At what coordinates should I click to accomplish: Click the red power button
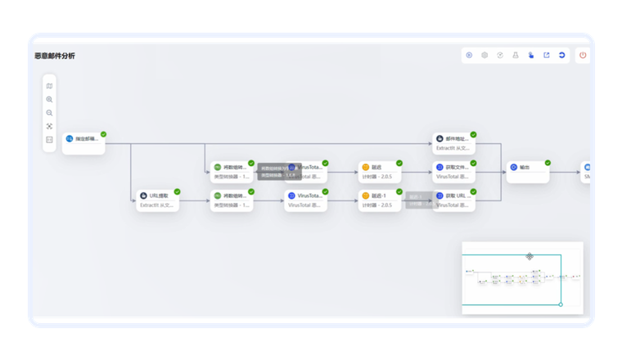click(x=583, y=56)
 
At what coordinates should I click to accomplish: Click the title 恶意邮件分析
click(x=55, y=56)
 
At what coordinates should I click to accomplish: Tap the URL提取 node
click(x=157, y=200)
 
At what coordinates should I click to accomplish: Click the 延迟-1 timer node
click(x=379, y=200)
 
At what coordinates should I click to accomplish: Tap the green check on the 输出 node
click(x=548, y=163)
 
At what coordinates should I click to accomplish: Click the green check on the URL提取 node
click(x=178, y=191)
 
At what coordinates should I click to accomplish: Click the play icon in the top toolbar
click(x=469, y=56)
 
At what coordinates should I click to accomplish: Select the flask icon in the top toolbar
click(x=516, y=56)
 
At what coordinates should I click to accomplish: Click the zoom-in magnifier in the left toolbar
click(x=50, y=99)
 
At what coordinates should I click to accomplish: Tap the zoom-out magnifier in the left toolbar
click(x=50, y=113)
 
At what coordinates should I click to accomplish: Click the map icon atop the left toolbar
click(x=50, y=85)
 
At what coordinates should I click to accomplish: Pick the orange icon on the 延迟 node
click(x=365, y=167)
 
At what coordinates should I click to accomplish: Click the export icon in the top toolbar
click(x=546, y=56)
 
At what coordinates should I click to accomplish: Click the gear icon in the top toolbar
click(x=485, y=56)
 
